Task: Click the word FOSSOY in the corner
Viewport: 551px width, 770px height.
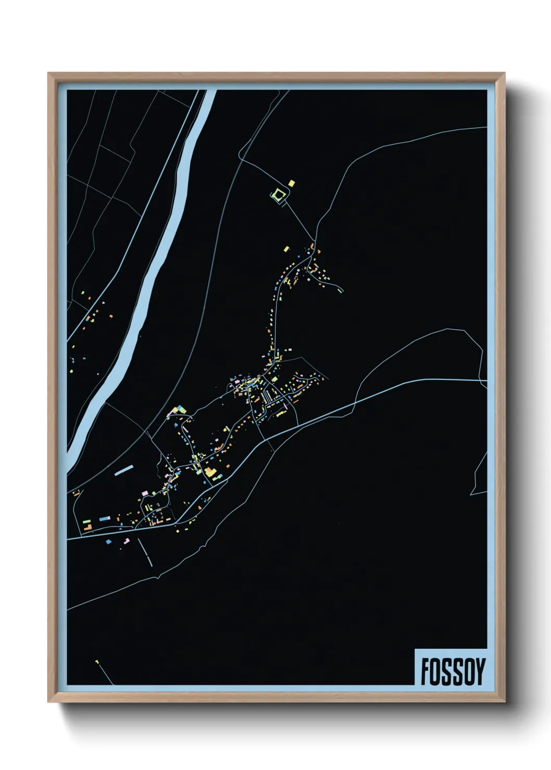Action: coord(453,672)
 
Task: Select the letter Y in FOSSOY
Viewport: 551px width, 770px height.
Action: coord(480,672)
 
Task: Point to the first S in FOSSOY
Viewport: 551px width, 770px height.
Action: coord(446,672)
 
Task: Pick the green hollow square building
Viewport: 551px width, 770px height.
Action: coord(279,195)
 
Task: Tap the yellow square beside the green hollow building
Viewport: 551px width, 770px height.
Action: coord(291,183)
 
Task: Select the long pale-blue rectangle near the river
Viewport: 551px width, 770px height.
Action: coord(124,470)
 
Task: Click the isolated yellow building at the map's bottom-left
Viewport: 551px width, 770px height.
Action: coord(97,662)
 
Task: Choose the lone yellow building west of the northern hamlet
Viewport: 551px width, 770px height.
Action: coord(286,248)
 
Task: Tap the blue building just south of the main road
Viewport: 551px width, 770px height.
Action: coord(108,542)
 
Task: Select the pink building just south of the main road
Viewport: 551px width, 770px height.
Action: coord(125,542)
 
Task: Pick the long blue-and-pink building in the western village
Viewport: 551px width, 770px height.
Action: coord(105,518)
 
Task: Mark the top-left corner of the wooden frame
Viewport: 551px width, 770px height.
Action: coord(48,73)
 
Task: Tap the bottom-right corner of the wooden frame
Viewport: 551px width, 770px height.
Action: coord(505,702)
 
